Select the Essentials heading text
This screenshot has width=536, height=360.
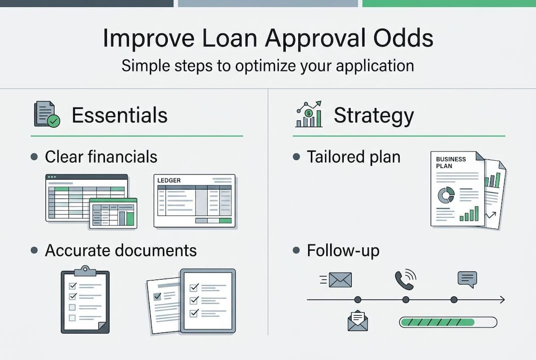coord(119,115)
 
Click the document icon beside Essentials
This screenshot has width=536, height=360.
coord(47,114)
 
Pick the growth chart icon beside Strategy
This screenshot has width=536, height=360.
coord(309,114)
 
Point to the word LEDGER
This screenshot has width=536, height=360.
coord(169,180)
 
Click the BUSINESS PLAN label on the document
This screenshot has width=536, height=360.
coord(451,162)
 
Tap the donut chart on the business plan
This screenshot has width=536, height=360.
coord(446,195)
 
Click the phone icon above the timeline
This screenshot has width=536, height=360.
coord(405,279)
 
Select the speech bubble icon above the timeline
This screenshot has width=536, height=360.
coord(467,279)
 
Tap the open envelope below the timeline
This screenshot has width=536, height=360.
coord(358,320)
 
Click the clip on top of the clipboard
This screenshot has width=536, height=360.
coord(85,270)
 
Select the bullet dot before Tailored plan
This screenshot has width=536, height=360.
coord(296,157)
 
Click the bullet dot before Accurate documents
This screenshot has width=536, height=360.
coord(34,250)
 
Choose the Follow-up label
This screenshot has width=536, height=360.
coord(343,250)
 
